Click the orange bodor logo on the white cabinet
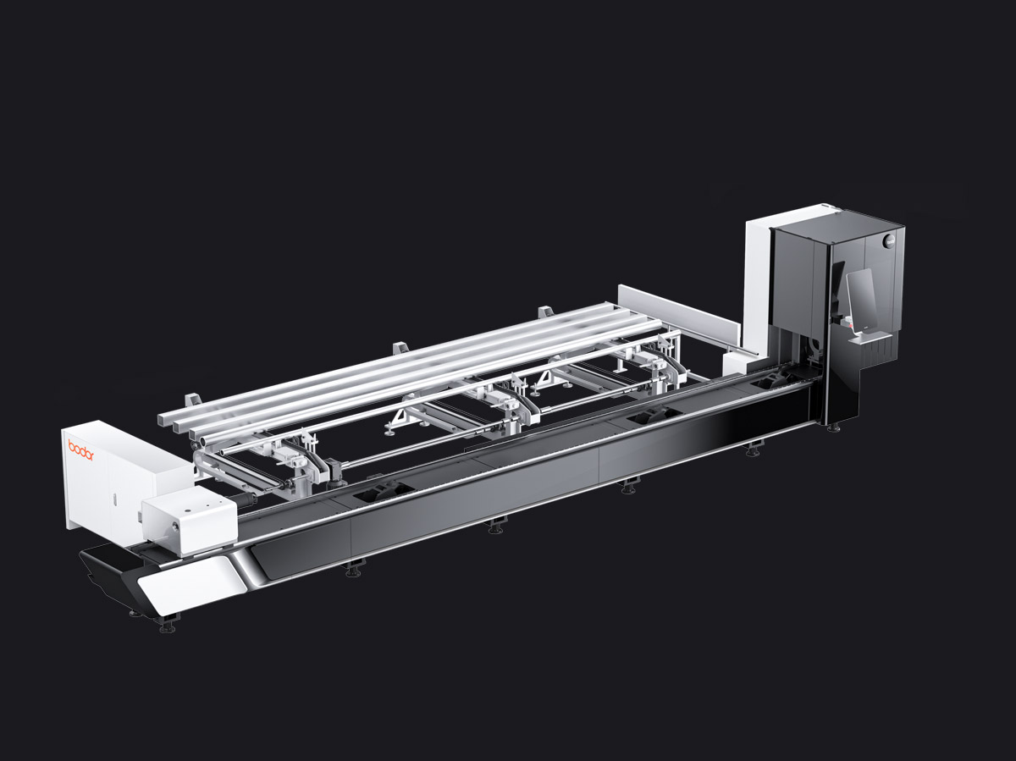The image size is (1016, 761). (x=81, y=449)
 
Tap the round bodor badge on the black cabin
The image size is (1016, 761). (x=890, y=240)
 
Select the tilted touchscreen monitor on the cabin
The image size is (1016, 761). (x=860, y=301)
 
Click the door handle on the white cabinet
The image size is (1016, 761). (x=113, y=499)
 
